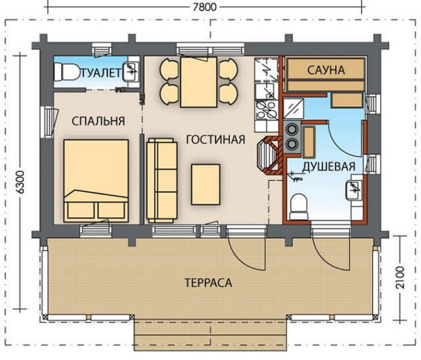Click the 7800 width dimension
(x=204, y=6)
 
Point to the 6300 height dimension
(x=20, y=182)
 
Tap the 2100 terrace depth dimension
(x=400, y=278)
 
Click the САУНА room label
(x=326, y=70)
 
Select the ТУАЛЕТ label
(x=100, y=73)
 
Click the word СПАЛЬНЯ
(x=98, y=121)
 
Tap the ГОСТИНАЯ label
(x=216, y=139)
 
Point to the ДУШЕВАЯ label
(x=329, y=166)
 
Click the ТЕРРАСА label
(x=208, y=283)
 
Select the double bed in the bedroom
(x=96, y=181)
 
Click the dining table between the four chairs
(x=198, y=82)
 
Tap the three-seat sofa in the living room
(x=162, y=181)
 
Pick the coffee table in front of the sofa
(x=205, y=185)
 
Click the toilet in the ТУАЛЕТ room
(x=66, y=72)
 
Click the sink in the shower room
(x=354, y=190)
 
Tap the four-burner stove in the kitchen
(x=266, y=111)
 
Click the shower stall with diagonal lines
(x=294, y=108)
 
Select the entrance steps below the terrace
(x=210, y=334)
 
